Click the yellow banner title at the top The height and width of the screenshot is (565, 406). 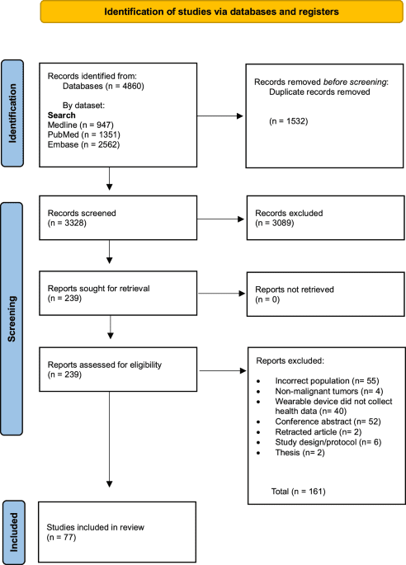(x=203, y=12)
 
